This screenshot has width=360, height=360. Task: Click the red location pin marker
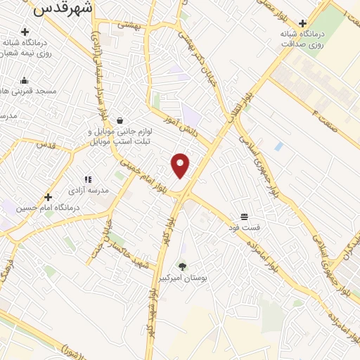click(x=181, y=165)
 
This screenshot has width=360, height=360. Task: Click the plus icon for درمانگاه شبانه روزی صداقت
click(x=303, y=23)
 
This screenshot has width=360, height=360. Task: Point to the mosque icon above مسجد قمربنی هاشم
click(x=25, y=80)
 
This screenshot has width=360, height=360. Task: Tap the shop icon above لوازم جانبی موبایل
click(x=121, y=120)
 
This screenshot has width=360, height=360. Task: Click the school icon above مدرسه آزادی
click(x=88, y=179)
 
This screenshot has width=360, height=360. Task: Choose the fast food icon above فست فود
click(x=244, y=217)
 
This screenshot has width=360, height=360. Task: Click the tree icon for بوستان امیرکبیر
click(x=183, y=266)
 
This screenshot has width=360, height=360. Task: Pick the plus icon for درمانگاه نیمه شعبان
click(x=25, y=32)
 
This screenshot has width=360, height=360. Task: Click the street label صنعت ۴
click(x=325, y=113)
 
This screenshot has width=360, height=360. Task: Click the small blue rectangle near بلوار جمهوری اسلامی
click(x=279, y=146)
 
